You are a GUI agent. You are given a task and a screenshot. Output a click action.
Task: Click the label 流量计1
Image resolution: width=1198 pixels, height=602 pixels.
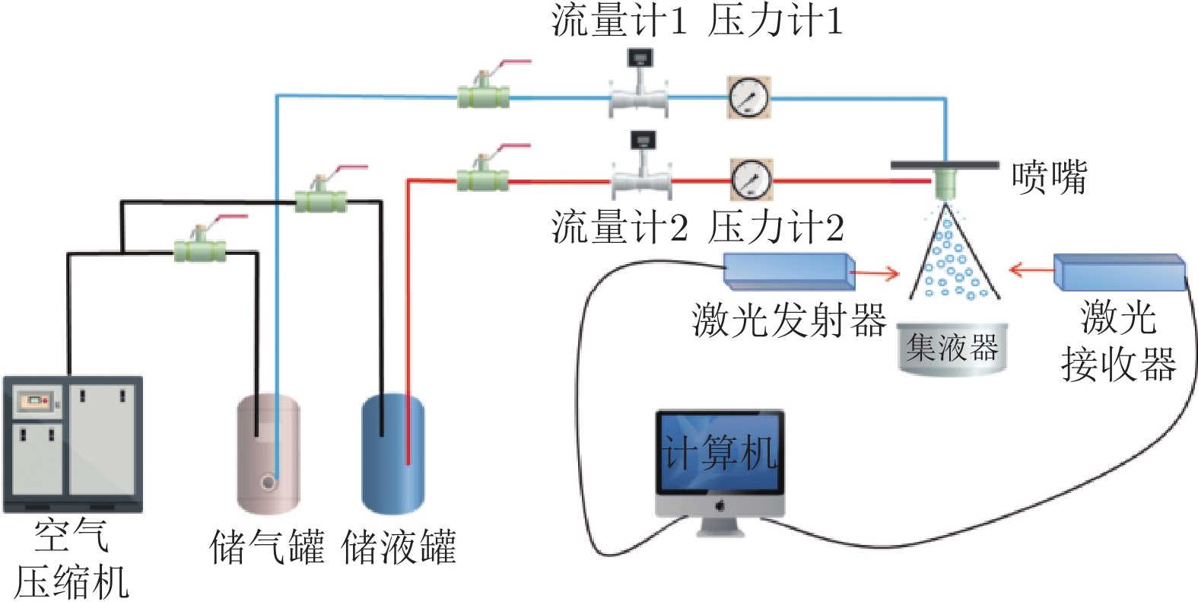(618, 21)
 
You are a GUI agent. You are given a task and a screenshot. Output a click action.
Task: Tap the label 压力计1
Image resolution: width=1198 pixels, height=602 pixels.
(775, 21)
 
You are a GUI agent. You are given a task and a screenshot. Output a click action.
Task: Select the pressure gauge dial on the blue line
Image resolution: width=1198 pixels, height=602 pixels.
(748, 97)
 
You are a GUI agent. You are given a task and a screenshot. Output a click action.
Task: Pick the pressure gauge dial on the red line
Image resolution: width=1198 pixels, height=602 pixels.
(752, 180)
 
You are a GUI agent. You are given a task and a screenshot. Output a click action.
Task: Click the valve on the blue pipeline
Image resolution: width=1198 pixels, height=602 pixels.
(483, 96)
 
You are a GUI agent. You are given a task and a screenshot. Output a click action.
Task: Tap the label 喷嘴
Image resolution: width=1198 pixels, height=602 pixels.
(1049, 177)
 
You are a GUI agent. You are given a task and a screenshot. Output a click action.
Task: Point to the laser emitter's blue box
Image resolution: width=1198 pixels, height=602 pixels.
(788, 270)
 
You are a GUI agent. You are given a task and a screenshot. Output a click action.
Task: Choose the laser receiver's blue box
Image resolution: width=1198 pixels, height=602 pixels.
(1119, 272)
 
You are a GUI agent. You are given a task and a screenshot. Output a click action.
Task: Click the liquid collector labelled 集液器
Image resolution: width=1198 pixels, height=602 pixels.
(952, 349)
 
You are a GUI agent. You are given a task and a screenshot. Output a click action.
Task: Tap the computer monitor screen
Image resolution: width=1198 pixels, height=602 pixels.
(720, 454)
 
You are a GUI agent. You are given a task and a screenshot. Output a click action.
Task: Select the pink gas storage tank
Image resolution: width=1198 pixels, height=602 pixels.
(268, 453)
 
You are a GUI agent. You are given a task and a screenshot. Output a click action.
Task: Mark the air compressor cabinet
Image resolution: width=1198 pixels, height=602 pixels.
(73, 444)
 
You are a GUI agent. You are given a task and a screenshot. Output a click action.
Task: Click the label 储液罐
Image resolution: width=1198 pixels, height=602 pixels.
(399, 547)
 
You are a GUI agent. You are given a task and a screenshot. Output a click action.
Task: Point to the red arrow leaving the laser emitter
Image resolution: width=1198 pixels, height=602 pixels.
(875, 272)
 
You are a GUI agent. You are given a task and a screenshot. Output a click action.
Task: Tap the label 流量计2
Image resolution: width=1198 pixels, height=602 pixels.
(619, 228)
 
